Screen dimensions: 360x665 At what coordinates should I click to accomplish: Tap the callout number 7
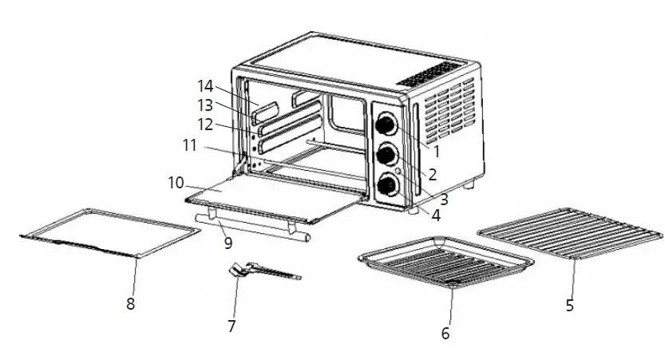coord(232,326)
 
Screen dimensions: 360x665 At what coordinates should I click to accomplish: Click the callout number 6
coord(445,332)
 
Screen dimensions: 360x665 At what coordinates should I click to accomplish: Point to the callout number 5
coord(569,305)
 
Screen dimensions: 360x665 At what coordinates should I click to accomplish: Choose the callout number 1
coord(437,150)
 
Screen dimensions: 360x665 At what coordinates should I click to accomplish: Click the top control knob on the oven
coord(387,125)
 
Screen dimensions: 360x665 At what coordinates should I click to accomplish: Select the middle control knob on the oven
coord(387,154)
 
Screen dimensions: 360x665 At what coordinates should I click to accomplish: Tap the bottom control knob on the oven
coord(387,184)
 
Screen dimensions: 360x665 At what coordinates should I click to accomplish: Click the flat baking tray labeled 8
coord(108,233)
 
